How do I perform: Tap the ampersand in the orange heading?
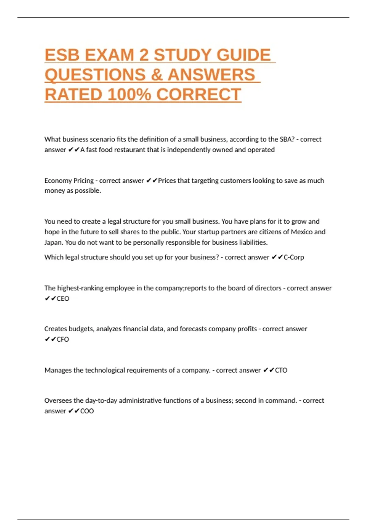[x=157, y=75]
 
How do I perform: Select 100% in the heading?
[x=129, y=95]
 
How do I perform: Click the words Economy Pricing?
[x=69, y=181]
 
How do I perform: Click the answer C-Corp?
[x=294, y=257]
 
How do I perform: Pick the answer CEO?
[x=63, y=299]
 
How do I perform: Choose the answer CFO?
[x=63, y=340]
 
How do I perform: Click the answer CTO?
[x=281, y=370]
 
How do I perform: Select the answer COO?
[x=87, y=411]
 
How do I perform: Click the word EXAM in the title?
[x=109, y=55]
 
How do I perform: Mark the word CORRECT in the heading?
[x=199, y=95]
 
